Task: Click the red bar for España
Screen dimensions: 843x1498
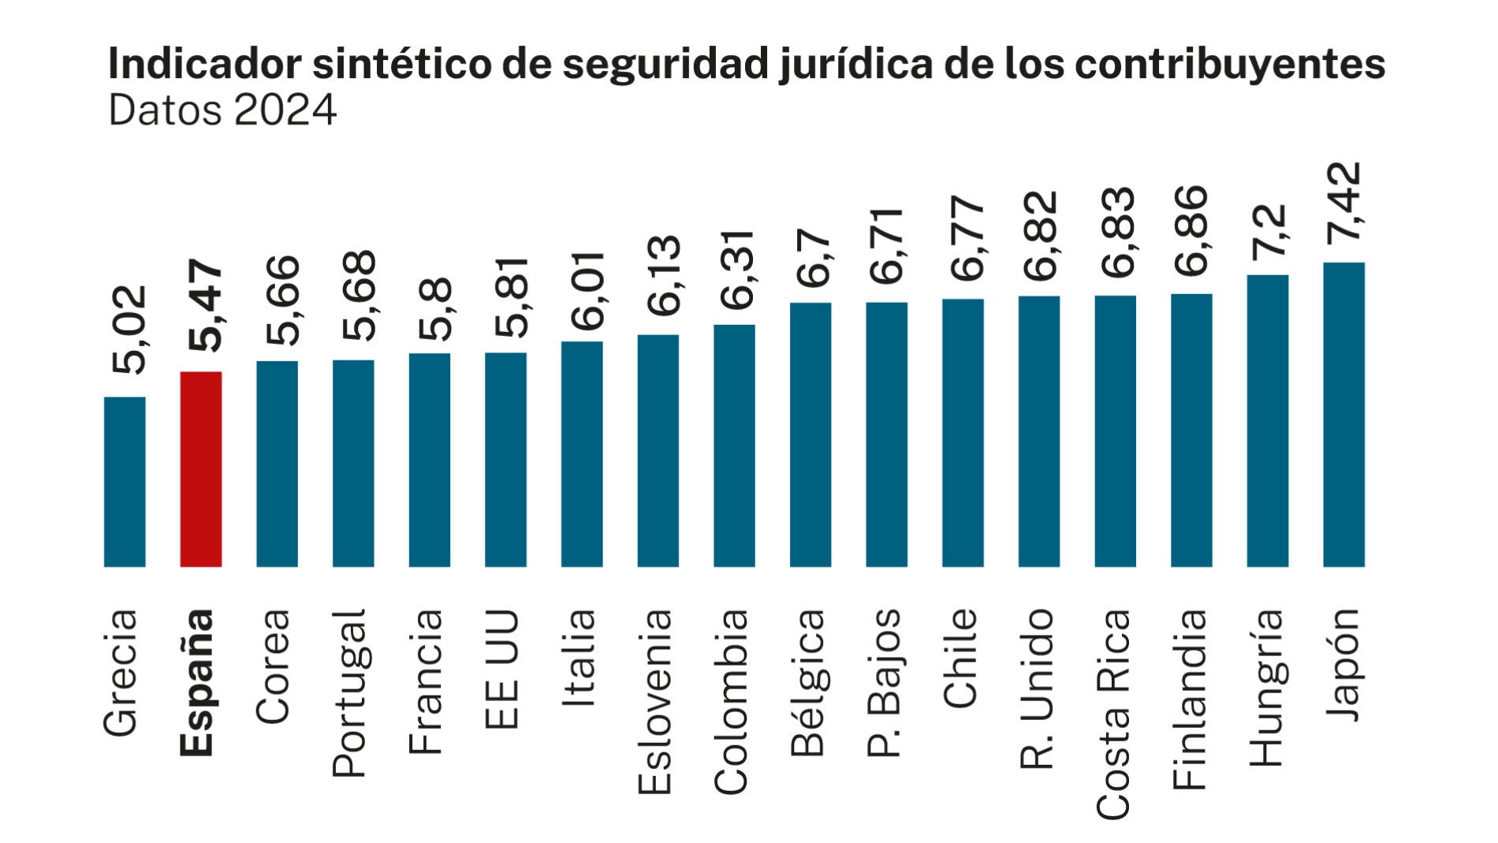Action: point(201,469)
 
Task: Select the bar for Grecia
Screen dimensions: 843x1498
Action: point(125,482)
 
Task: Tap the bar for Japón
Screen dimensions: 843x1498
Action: point(1343,415)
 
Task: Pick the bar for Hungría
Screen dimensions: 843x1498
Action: point(1267,421)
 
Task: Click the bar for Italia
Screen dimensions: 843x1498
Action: point(582,454)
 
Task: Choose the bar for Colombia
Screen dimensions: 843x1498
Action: point(734,446)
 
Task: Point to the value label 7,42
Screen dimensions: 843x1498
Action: point(1343,203)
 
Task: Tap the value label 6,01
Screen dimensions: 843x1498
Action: point(583,289)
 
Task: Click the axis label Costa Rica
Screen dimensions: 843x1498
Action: point(1114,714)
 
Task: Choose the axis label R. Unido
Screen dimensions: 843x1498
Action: point(1038,688)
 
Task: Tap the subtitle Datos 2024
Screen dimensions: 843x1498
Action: point(223,110)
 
